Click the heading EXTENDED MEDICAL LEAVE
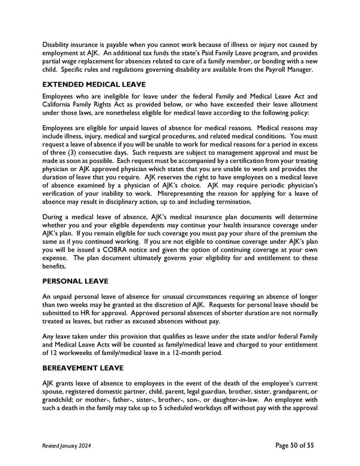(94, 85)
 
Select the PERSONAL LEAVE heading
(75, 280)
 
